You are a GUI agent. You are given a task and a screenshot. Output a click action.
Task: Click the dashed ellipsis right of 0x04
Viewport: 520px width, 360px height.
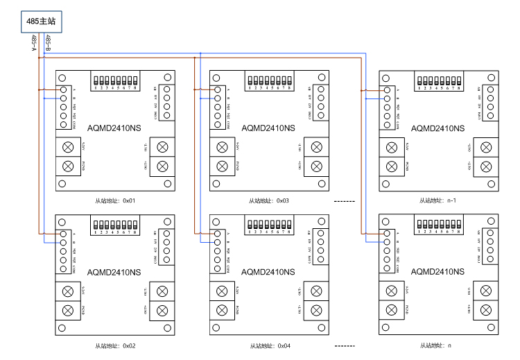[x=344, y=345]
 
